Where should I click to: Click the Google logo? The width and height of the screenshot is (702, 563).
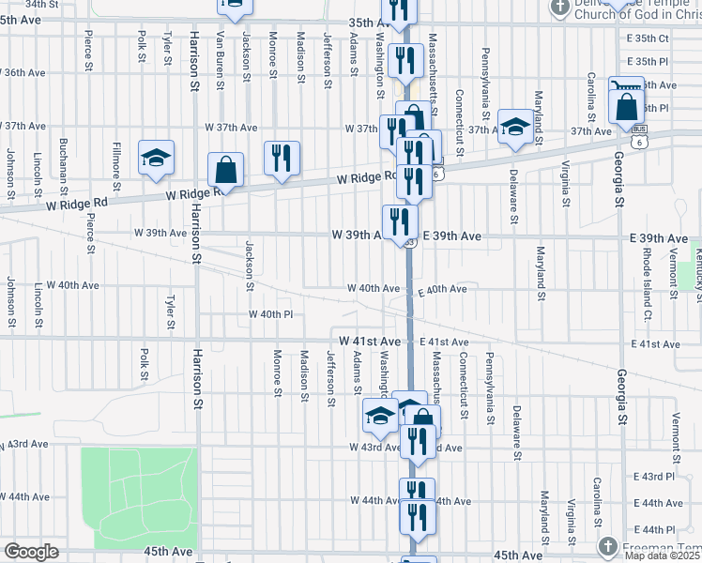[31, 552]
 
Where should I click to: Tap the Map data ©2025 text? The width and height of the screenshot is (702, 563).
[663, 555]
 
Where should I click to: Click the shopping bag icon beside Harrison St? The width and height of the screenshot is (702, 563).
[225, 171]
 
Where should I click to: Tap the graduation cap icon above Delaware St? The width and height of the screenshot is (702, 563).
[514, 128]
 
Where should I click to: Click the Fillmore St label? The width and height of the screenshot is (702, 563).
[117, 154]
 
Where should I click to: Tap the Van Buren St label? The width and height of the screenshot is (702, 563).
[220, 59]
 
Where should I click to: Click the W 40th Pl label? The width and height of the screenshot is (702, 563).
[271, 314]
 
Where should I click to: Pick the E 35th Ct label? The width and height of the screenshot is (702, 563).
[648, 38]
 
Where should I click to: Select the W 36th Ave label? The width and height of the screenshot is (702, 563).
[24, 72]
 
